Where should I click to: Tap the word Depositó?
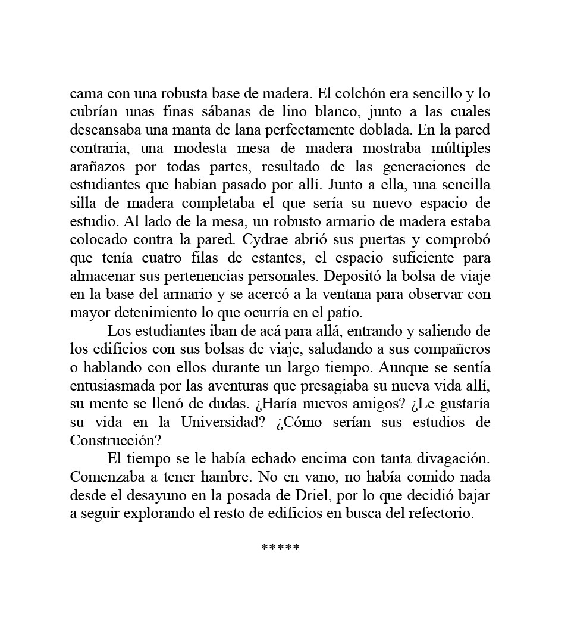[358, 276]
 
